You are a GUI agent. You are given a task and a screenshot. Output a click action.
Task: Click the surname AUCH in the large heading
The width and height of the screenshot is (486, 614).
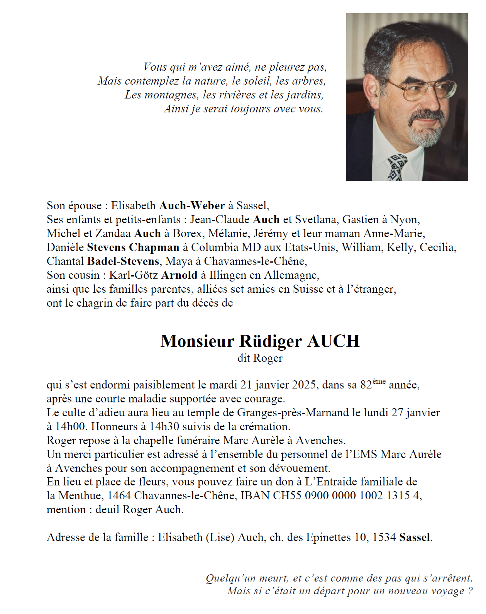tap(334, 341)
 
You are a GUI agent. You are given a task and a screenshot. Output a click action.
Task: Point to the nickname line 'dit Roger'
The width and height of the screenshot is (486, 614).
tap(260, 358)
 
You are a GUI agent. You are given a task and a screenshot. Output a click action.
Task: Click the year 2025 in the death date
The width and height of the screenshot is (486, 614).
tap(304, 385)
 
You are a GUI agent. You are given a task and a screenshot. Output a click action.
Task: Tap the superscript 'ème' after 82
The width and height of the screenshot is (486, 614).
tap(379, 382)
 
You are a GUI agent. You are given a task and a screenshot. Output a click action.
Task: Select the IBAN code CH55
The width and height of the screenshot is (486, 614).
tap(287, 495)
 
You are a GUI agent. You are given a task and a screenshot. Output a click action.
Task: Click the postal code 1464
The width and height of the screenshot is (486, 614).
tap(119, 495)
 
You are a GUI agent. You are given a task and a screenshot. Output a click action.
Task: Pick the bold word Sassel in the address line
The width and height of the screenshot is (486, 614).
tap(415, 538)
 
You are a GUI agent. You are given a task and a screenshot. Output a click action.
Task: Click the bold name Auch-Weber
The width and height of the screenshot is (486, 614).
tap(192, 206)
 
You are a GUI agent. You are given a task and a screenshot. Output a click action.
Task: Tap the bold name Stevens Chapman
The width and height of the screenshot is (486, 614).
tap(133, 248)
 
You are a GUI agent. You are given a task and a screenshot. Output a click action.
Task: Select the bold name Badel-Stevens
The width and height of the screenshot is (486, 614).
tap(123, 261)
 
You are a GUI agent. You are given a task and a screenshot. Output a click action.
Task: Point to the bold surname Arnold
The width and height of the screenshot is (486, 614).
tap(179, 275)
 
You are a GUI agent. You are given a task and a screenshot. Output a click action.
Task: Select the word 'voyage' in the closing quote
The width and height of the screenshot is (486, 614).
tap(447, 591)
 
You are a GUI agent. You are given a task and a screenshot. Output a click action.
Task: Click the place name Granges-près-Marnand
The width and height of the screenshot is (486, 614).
tap(293, 413)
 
